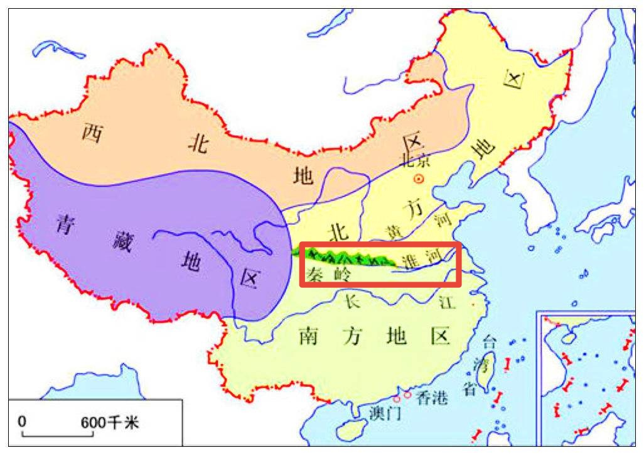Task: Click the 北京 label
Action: (416, 160)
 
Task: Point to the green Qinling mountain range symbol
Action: (345, 256)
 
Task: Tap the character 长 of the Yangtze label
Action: (352, 302)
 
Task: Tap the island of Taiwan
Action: (485, 376)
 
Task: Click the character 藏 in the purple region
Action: (123, 241)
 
